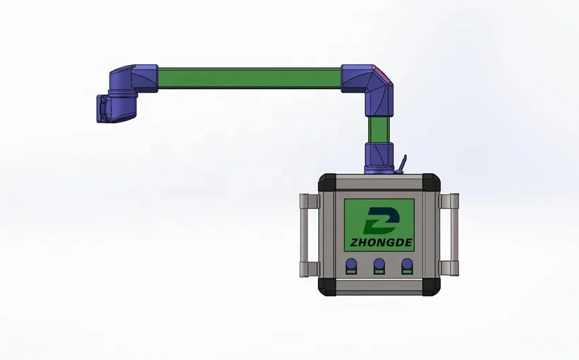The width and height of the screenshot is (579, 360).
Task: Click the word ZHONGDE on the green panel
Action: (381, 242)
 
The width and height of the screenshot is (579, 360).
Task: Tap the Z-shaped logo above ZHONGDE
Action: (381, 220)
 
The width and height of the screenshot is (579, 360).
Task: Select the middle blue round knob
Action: (380, 264)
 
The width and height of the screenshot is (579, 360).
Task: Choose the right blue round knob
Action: (407, 264)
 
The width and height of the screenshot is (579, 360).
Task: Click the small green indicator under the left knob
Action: (351, 272)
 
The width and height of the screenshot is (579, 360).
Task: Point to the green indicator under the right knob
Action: (407, 272)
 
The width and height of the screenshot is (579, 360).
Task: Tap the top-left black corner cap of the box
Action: (327, 182)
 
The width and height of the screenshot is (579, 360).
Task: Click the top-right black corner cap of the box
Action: (431, 182)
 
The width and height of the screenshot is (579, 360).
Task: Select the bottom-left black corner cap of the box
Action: (327, 287)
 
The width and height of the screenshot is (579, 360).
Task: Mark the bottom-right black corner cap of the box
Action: (431, 287)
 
